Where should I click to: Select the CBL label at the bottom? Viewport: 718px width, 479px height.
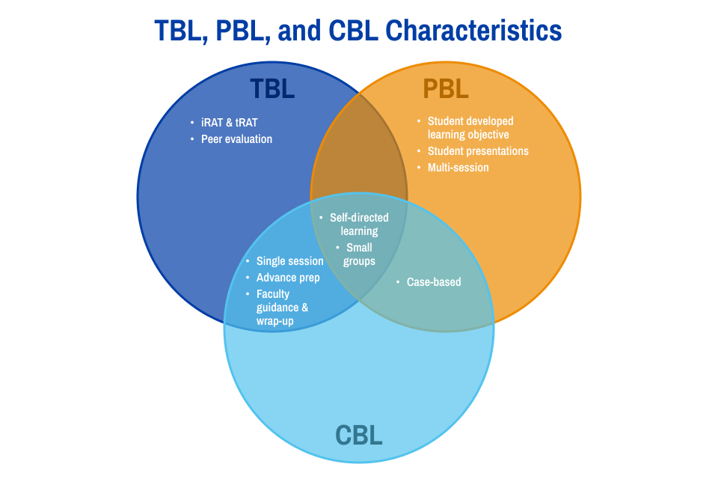coord(359,435)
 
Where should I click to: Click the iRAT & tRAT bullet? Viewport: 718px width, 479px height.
coord(230,122)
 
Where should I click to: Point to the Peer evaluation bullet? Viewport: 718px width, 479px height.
coord(236,139)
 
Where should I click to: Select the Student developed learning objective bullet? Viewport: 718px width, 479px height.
coord(470,127)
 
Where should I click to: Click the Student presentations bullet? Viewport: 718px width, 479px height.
coord(477,151)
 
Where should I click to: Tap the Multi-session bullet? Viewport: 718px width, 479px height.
coord(458,168)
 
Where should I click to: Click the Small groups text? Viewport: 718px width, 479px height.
coord(359,254)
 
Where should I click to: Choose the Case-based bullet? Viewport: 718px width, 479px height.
coord(433,282)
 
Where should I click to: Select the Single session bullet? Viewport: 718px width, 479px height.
coord(289,261)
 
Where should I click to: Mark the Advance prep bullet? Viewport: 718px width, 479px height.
coord(287,278)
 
